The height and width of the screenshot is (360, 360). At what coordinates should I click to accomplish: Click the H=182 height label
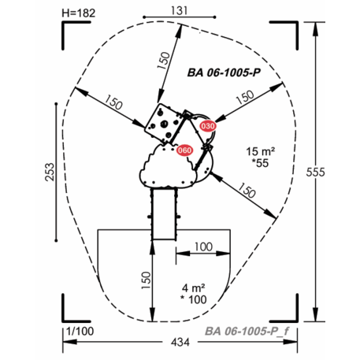pyautogui.click(x=78, y=13)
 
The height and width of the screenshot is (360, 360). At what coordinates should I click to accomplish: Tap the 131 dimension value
pyautogui.click(x=180, y=11)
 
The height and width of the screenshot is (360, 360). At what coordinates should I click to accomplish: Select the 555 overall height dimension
pyautogui.click(x=315, y=172)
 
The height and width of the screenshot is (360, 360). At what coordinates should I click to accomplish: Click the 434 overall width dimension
pyautogui.click(x=180, y=342)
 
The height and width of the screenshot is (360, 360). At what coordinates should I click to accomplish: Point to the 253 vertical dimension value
pyautogui.click(x=50, y=172)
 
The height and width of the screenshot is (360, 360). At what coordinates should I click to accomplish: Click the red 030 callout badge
pyautogui.click(x=208, y=126)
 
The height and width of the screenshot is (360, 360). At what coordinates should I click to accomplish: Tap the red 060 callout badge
pyautogui.click(x=184, y=150)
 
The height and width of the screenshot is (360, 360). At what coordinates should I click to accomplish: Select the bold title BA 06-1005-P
pyautogui.click(x=224, y=72)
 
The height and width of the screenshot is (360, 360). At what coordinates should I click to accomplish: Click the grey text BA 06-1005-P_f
pyautogui.click(x=247, y=331)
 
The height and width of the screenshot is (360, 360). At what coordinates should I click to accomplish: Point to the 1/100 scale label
pyautogui.click(x=80, y=332)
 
